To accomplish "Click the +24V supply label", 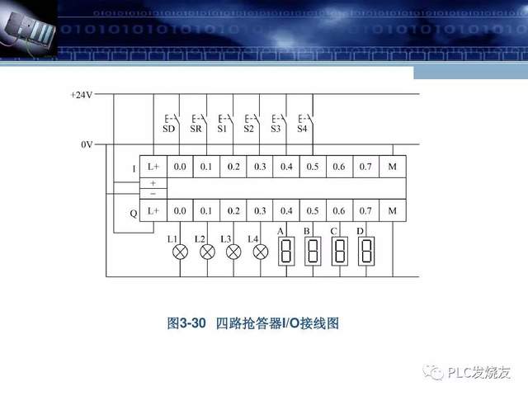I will click(x=82, y=95).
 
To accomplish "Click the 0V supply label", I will click(x=87, y=144).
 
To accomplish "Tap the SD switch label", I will click(x=168, y=130).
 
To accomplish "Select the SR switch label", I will click(x=196, y=130).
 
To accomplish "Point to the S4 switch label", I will click(x=301, y=130).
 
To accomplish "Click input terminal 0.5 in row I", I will click(x=313, y=167).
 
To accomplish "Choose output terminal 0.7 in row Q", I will click(x=365, y=211).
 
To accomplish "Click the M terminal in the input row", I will click(x=392, y=167).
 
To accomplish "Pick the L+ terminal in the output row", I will click(x=153, y=211).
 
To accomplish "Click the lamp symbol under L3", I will click(x=233, y=252).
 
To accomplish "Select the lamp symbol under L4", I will click(x=260, y=252).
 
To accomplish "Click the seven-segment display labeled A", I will click(x=286, y=251).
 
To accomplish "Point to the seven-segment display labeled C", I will click(x=339, y=251).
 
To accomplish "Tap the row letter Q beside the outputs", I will click(x=134, y=213).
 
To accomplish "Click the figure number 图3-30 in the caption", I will click(x=186, y=323).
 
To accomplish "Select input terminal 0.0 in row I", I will click(x=180, y=167).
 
